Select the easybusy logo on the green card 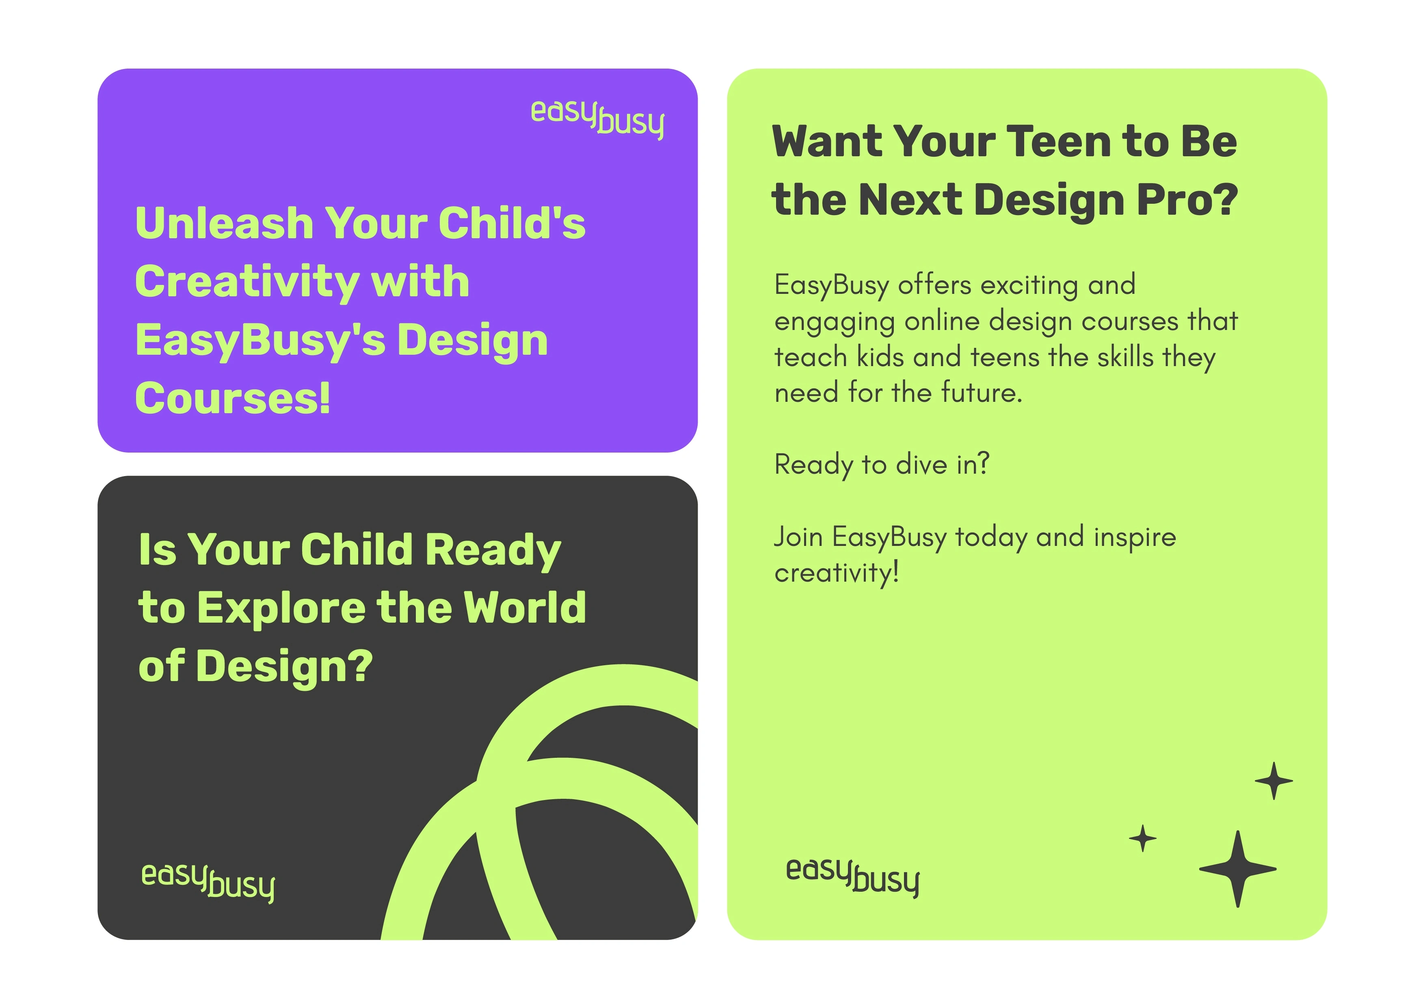tap(852, 875)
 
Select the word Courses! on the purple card tap(232, 398)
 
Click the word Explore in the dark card tap(281, 608)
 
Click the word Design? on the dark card tap(285, 667)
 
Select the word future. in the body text tap(981, 393)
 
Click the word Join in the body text tap(798, 537)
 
